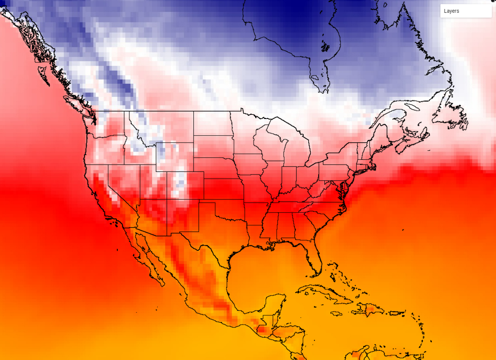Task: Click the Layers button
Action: click(x=466, y=11)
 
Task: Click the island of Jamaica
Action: click(x=336, y=313)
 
